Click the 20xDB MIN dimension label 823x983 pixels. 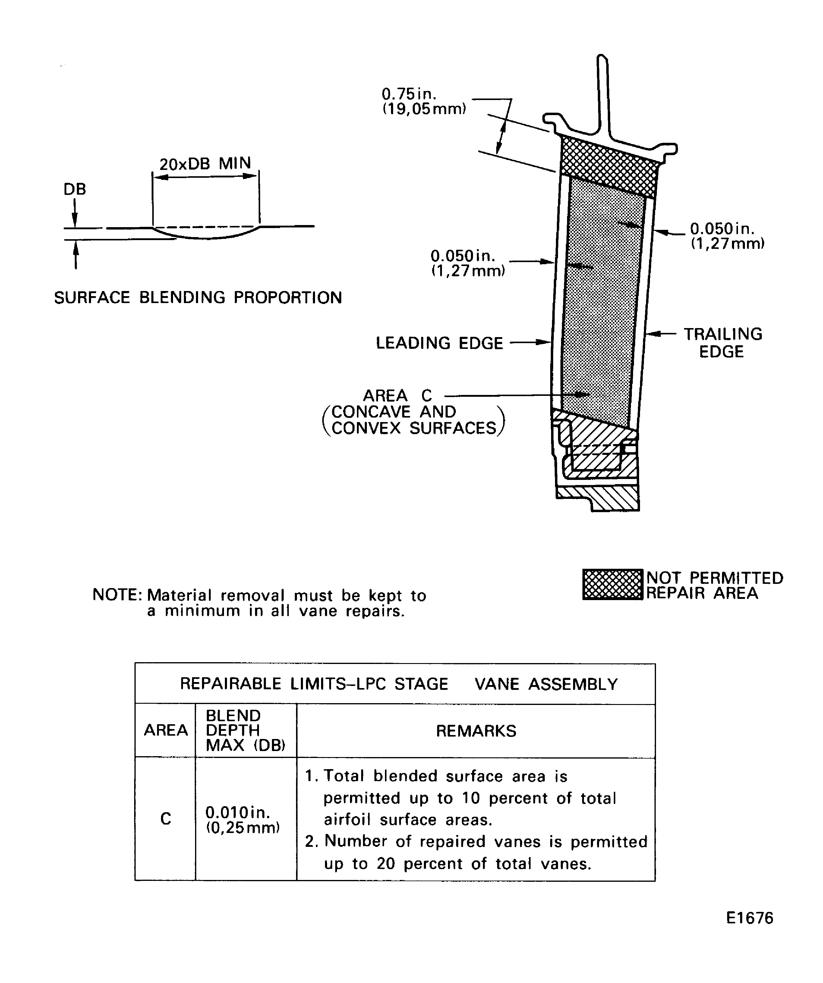point(205,164)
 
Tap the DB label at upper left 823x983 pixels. point(75,189)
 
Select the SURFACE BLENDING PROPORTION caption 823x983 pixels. point(198,298)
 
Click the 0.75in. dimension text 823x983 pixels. point(409,94)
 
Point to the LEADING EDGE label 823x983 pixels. point(439,343)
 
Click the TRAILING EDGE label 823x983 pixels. point(723,343)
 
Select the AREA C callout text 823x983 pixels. point(397,396)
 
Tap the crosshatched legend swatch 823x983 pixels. point(613,585)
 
